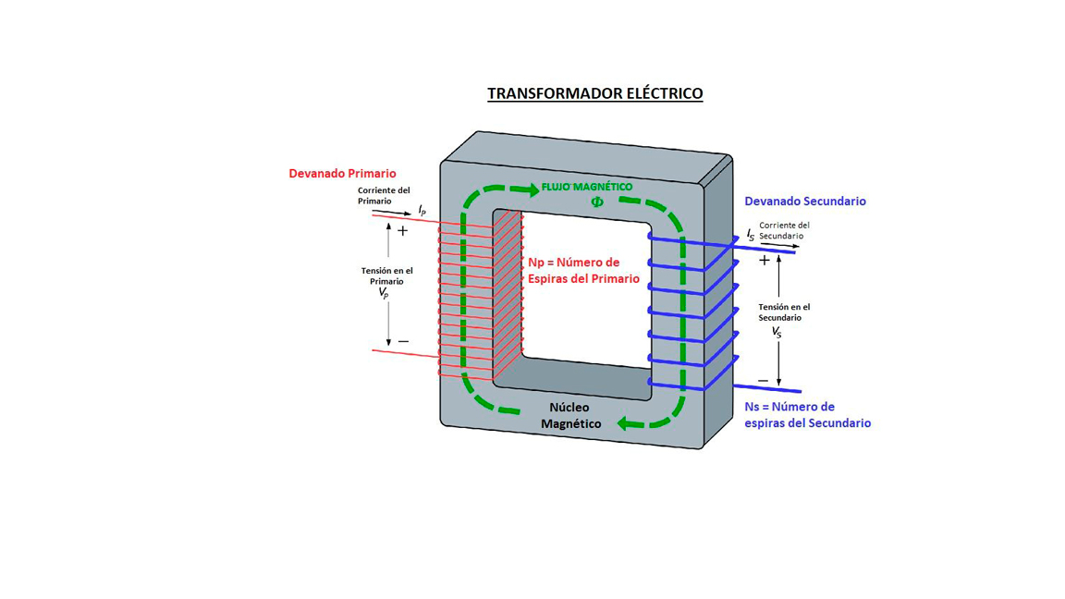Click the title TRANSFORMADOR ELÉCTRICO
click(x=594, y=93)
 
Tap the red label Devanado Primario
click(x=342, y=173)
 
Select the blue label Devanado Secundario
click(x=805, y=201)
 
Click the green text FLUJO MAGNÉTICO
click(x=587, y=187)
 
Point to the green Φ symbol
click(x=596, y=202)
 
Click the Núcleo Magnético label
click(x=570, y=415)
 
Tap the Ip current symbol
click(x=422, y=211)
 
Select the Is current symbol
click(x=751, y=236)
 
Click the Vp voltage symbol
click(x=384, y=292)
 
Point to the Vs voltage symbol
click(x=777, y=331)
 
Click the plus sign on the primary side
click(x=402, y=230)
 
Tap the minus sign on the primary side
click(x=403, y=342)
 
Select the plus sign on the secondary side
click(x=765, y=261)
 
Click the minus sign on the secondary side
click(x=763, y=381)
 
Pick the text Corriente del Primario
click(x=384, y=195)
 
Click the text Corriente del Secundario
click(x=784, y=230)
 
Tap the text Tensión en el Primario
click(x=386, y=275)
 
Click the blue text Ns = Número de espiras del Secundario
click(x=807, y=415)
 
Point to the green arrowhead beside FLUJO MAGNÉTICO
click(x=530, y=190)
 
